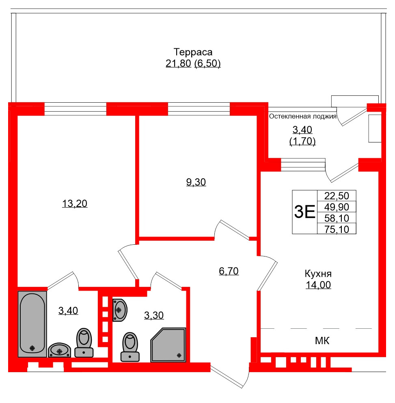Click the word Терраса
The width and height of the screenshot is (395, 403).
[193, 52]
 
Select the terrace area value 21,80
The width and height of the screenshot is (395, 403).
[178, 64]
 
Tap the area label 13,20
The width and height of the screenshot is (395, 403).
[75, 204]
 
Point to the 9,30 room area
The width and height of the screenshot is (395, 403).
[196, 182]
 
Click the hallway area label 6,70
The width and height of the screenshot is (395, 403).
[229, 271]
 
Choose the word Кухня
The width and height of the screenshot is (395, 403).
[318, 273]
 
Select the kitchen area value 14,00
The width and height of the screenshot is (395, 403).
[318, 285]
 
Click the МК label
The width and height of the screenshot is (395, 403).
[322, 341]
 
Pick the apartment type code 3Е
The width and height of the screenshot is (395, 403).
[304, 212]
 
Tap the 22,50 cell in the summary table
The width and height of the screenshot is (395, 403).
[336, 196]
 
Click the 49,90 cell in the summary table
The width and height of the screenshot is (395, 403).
[336, 207]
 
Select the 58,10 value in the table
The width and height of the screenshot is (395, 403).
[336, 218]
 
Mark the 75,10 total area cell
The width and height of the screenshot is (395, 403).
[336, 229]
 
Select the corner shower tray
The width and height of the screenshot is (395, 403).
[168, 345]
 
